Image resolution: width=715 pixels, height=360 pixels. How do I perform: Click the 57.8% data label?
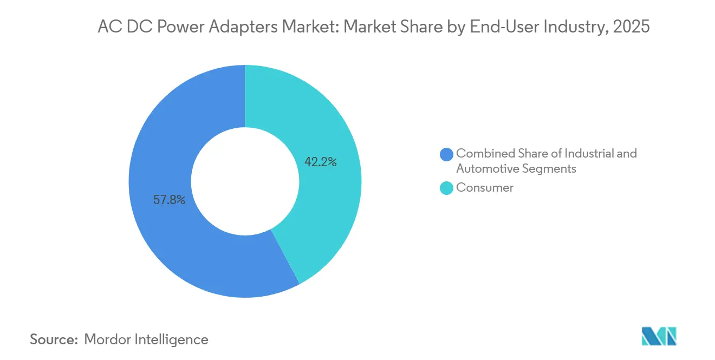tap(169, 200)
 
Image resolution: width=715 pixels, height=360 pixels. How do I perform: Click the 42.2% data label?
tap(321, 162)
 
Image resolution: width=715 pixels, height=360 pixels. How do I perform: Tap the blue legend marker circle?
tap(447, 154)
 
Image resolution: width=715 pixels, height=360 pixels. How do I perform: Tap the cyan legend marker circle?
tap(447, 188)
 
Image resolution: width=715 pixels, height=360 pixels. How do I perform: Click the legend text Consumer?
tap(485, 188)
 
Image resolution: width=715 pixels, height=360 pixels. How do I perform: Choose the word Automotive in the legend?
tap(487, 168)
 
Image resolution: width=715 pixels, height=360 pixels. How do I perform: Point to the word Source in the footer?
tap(54, 339)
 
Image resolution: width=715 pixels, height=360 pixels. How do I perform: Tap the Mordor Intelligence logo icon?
tap(659, 336)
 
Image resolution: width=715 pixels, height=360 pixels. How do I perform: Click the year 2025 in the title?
tap(632, 27)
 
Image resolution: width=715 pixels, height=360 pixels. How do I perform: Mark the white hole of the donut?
tap(245, 181)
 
